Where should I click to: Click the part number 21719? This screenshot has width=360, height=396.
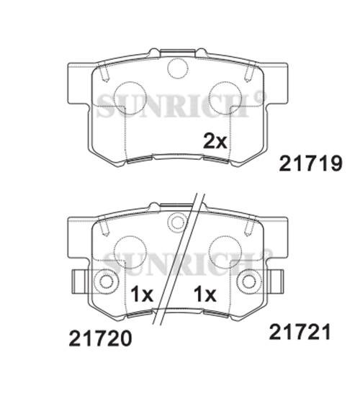(310, 163)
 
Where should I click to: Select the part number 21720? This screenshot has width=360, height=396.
(100, 338)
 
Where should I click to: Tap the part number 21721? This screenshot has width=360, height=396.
(300, 332)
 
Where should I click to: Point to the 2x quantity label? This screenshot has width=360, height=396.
(215, 141)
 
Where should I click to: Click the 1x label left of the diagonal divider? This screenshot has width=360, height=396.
(142, 294)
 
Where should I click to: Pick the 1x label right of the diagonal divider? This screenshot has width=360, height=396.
(205, 294)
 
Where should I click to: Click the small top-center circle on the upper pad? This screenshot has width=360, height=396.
(178, 68)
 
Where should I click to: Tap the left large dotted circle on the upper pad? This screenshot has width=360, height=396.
(130, 98)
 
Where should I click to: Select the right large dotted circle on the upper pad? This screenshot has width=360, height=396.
(225, 98)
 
